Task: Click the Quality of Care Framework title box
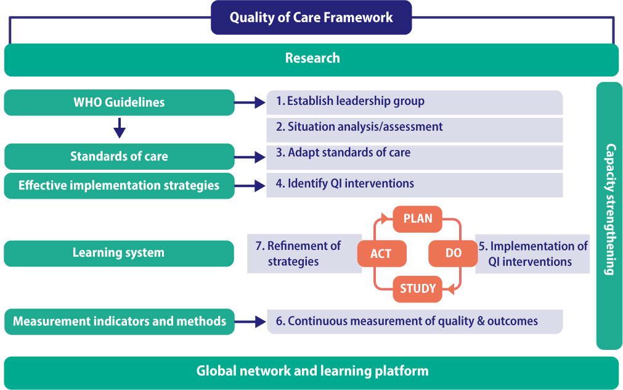(x=311, y=17)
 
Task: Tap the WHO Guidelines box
(x=119, y=102)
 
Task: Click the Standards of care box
(x=119, y=157)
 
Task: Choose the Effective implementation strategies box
(x=119, y=186)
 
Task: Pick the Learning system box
(x=119, y=253)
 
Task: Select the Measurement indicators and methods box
(x=119, y=322)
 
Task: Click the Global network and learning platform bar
(x=312, y=371)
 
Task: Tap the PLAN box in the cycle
(x=417, y=219)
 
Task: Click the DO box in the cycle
(x=453, y=254)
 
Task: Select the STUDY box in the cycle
(x=417, y=289)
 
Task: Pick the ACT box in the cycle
(x=381, y=254)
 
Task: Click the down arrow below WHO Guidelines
(x=120, y=129)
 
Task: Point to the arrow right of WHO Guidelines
(x=250, y=103)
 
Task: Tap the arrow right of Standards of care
(x=250, y=158)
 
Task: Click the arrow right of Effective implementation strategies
(x=250, y=185)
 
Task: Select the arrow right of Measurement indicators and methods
(x=250, y=322)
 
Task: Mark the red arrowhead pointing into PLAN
(x=386, y=218)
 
